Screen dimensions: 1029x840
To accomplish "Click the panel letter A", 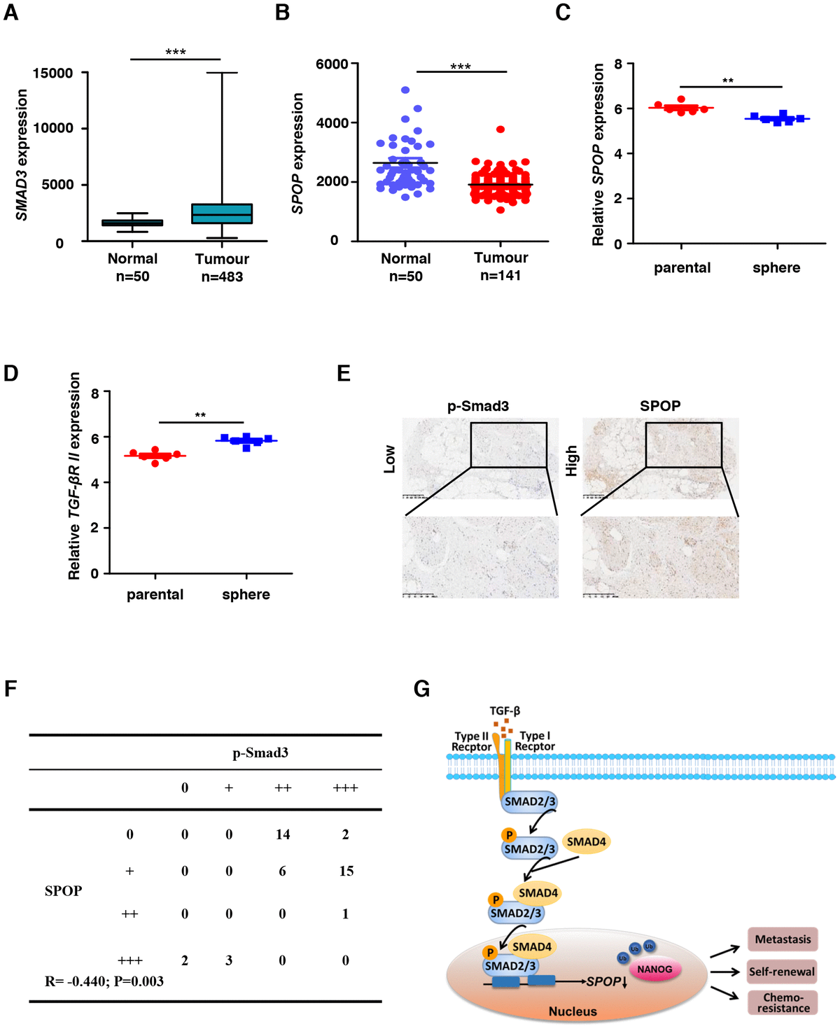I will tap(10, 12).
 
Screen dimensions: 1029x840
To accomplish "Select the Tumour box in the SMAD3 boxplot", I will tap(222, 213).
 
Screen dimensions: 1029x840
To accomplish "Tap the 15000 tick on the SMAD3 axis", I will tap(53, 73).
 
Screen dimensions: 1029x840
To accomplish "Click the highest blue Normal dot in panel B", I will tap(405, 90).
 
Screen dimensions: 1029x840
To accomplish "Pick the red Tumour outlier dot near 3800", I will tap(500, 129).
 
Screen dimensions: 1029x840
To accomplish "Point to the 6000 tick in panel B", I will tap(332, 64).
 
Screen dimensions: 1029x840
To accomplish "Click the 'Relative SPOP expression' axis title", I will tap(598, 154).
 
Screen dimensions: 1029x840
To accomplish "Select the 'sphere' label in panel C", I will tap(776, 267).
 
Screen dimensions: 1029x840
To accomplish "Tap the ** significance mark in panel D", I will tap(200, 416).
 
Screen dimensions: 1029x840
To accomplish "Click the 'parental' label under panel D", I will tap(155, 594).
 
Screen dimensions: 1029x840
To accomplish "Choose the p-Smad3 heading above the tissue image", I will tap(478, 406).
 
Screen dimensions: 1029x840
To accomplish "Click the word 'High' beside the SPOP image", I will tap(572, 460).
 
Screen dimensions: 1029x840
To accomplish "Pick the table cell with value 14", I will tap(283, 834).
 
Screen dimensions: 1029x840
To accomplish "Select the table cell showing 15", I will tap(346, 871).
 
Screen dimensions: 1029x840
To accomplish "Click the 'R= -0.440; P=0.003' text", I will tap(104, 981).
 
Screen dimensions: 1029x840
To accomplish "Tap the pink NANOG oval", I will tap(654, 969).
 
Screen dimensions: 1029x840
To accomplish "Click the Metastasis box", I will tap(783, 939).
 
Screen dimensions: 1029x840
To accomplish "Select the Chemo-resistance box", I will tap(783, 1002).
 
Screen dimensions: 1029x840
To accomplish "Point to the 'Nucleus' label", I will tap(573, 1011).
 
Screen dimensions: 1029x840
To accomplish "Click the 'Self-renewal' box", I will tap(782, 972).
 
